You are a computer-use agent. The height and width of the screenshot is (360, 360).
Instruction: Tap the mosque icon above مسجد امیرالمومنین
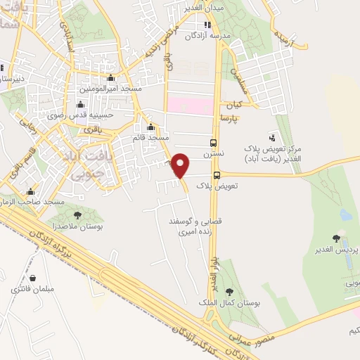(110, 78)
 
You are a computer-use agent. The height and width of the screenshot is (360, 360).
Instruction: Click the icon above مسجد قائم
(151, 127)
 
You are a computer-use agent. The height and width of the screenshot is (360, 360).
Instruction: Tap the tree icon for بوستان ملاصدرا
(77, 215)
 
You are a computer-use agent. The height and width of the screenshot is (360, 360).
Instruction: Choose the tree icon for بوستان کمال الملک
(229, 291)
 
